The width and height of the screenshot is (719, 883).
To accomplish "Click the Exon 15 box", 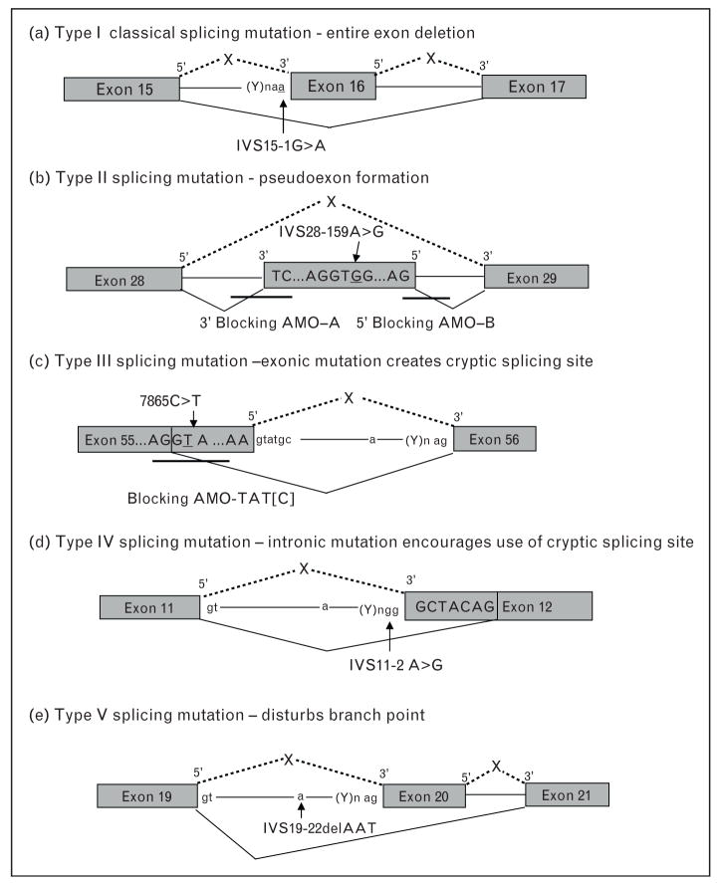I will pyautogui.click(x=121, y=88).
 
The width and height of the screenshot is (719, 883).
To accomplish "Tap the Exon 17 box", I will pyautogui.click(x=534, y=87).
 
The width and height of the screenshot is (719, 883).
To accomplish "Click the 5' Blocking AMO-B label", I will pyautogui.click(x=427, y=323).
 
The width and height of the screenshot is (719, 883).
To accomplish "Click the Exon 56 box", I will pyautogui.click(x=495, y=437).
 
